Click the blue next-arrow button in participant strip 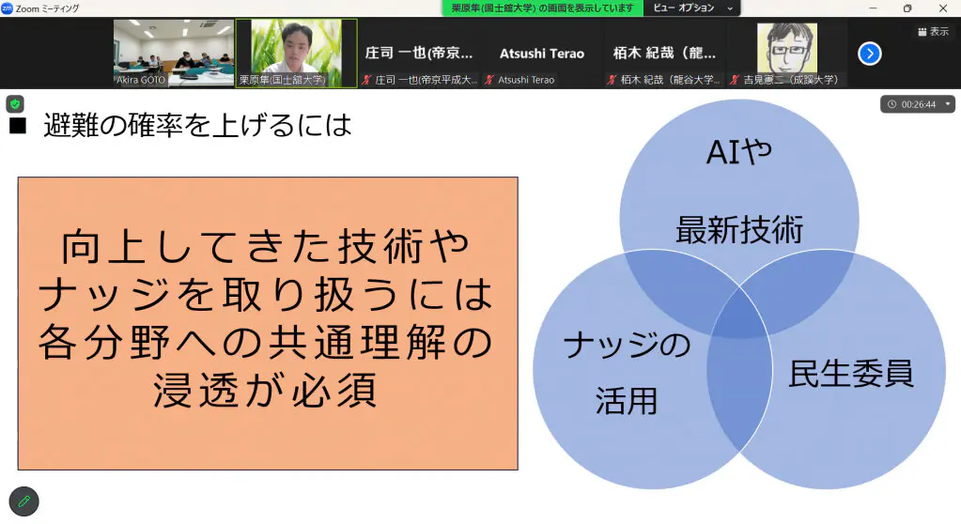pos(869,54)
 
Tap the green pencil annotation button pos(23,501)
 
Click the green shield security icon pos(15,104)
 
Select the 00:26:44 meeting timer pos(918,104)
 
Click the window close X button pos(942,8)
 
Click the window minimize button pos(873,8)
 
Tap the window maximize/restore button pos(907,8)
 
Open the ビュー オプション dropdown pos(692,8)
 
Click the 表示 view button pos(934,31)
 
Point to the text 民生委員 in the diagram pos(851,373)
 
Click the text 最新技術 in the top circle pos(739,230)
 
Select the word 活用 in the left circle pos(627,401)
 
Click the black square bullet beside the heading pos(18,126)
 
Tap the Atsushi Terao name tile pos(542,54)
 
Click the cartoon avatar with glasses pos(787,48)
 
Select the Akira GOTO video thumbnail pos(174,53)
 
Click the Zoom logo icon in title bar pos(8,8)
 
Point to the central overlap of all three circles pos(739,319)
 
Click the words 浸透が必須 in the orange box pos(265,391)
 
